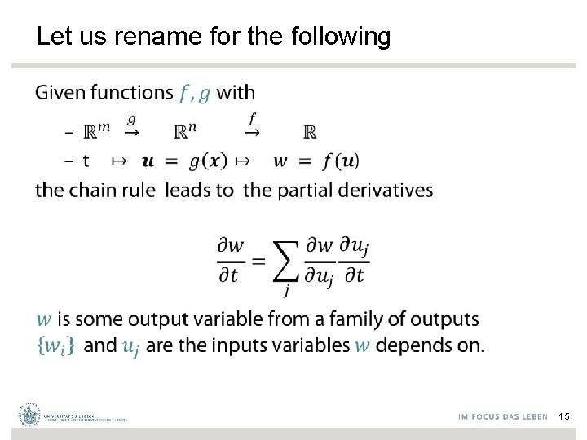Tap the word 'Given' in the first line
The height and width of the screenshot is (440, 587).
click(60, 93)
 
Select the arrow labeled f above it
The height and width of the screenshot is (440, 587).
click(254, 130)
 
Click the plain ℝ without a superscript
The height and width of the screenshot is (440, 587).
click(310, 131)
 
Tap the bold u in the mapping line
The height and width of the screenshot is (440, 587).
click(148, 161)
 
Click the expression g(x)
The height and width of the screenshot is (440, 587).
click(208, 161)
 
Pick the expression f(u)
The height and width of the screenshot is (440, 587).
click(340, 161)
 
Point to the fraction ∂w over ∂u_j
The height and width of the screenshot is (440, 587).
click(320, 260)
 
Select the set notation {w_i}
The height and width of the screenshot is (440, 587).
click(55, 345)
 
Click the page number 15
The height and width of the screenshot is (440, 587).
click(564, 416)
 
